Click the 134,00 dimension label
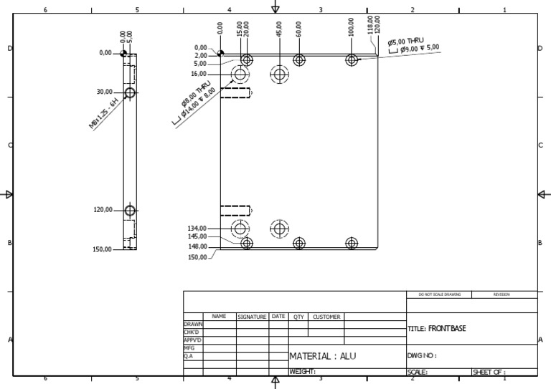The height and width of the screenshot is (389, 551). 197,229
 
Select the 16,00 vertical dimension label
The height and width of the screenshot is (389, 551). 199,74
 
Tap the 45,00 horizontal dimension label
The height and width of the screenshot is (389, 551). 279,28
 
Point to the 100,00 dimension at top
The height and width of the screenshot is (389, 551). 351,27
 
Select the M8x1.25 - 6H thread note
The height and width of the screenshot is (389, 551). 103,114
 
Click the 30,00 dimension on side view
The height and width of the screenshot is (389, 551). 104,92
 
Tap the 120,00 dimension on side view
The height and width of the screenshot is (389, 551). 102,210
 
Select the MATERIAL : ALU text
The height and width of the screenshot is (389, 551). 322,356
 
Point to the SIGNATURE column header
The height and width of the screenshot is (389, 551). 252,316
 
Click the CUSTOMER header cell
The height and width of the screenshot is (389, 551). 326,316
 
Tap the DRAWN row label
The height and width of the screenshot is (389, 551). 193,325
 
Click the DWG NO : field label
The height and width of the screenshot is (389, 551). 422,355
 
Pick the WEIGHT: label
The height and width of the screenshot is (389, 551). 303,372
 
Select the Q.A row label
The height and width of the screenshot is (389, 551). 188,355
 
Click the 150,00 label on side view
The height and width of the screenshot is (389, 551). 102,249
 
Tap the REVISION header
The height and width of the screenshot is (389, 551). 501,294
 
